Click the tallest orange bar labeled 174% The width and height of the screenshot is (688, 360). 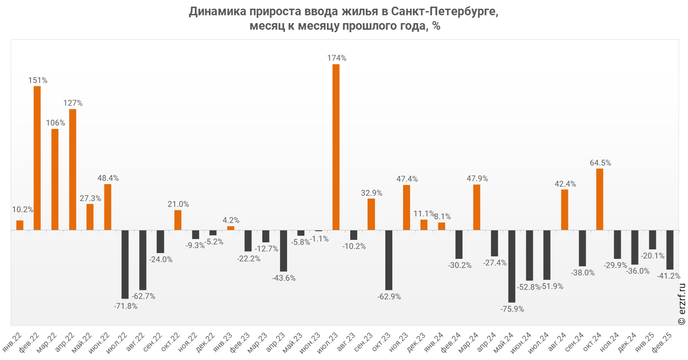point(336,147)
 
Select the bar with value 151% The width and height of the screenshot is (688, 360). point(37,158)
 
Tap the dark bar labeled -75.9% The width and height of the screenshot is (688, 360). point(512,266)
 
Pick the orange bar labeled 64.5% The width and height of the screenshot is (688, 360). point(600,199)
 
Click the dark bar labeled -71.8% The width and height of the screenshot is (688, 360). point(125,264)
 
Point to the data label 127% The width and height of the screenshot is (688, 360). point(73,103)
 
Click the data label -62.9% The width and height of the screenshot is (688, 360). point(389,297)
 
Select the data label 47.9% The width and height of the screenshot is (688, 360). point(477,179)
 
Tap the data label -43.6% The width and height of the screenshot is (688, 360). point(284,278)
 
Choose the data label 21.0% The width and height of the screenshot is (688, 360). point(178,204)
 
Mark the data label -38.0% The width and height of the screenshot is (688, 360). point(583,273)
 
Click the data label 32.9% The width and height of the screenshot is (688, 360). point(371,193)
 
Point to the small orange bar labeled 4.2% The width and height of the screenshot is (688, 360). point(230,228)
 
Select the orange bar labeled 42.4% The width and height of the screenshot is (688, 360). point(565,210)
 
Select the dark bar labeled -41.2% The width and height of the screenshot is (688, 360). point(670,250)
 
